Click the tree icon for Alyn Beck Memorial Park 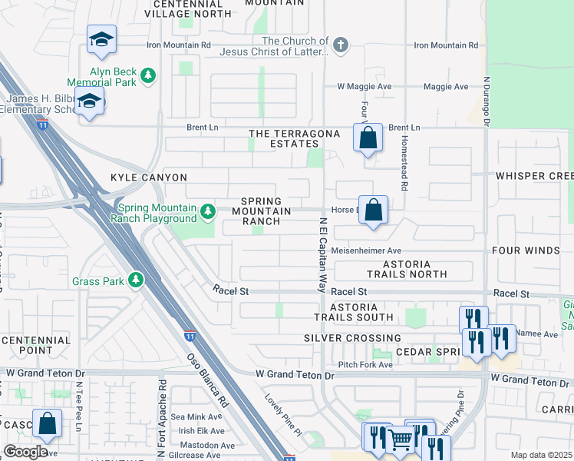click(148, 75)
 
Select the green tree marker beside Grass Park click(137, 280)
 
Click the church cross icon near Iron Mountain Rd click(340, 46)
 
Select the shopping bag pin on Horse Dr click(373, 209)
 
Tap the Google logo click(26, 452)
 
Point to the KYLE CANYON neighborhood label click(137, 177)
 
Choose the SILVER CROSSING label click(352, 338)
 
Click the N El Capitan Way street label click(323, 254)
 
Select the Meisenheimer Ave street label click(372, 250)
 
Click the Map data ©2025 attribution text click(540, 455)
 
